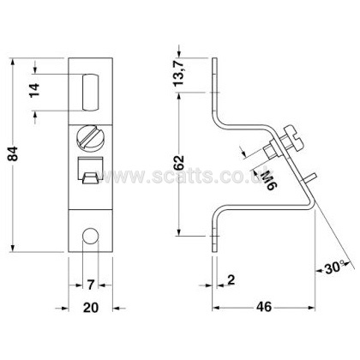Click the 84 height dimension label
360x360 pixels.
coord(13,154)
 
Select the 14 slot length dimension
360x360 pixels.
coord(35,91)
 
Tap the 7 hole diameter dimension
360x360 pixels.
coord(90,285)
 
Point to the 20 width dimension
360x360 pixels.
coord(91,308)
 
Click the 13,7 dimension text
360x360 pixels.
coord(179,72)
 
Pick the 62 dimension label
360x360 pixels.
coord(179,164)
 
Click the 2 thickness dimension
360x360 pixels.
coord(231,279)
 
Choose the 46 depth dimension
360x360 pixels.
coord(264,307)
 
